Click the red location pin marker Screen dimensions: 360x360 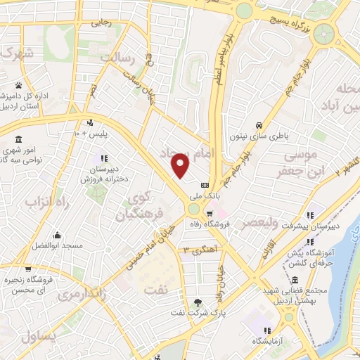click(181, 167)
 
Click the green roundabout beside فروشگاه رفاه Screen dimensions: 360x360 click(195, 209)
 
